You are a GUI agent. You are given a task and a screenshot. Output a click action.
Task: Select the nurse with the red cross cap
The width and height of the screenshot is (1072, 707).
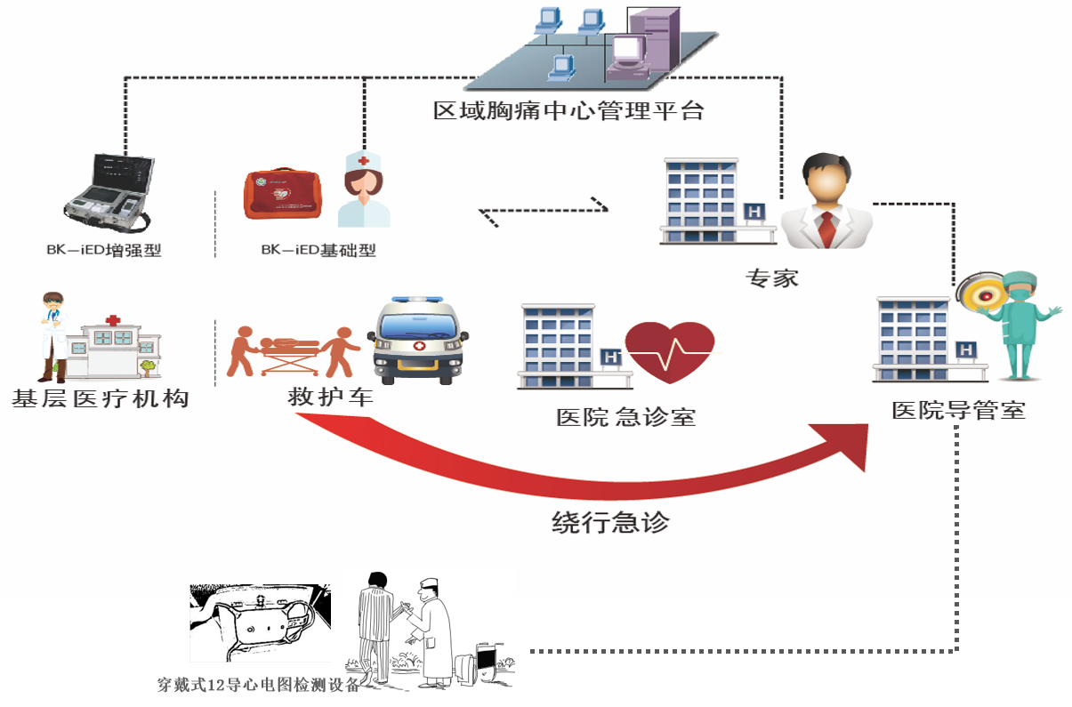[364, 189]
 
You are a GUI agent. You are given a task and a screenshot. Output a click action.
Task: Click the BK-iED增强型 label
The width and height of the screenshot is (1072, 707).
[104, 250]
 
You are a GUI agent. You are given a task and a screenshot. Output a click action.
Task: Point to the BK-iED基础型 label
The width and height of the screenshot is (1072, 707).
[318, 250]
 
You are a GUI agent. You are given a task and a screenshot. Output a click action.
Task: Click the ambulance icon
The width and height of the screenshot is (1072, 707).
[417, 341]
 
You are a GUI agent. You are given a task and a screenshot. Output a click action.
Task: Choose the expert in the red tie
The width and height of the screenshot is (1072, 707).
[826, 203]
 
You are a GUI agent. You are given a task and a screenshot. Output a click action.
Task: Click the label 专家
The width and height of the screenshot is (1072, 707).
[772, 277]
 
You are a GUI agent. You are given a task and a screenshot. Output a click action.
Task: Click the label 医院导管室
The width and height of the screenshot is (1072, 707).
[959, 411]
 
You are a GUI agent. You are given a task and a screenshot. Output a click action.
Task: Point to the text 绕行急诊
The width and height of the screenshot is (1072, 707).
[610, 522]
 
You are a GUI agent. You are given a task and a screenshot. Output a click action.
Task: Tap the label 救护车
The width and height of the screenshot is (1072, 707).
[329, 398]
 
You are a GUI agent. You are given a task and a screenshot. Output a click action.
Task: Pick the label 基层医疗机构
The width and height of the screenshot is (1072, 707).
[101, 398]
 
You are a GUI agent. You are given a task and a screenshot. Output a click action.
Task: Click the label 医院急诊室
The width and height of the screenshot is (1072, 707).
[625, 416]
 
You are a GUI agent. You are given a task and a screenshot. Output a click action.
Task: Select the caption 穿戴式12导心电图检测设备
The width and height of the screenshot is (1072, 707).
[258, 685]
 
